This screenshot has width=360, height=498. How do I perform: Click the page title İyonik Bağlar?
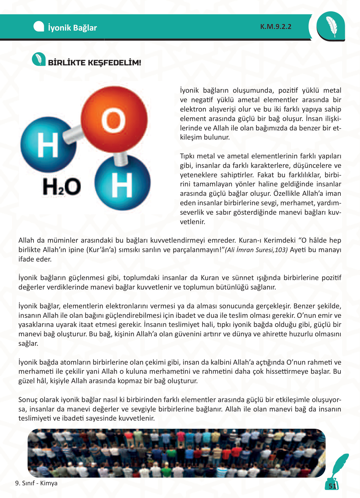[72, 28]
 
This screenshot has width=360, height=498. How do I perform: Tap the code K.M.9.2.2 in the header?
[276, 27]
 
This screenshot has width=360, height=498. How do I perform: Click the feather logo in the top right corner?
[331, 26]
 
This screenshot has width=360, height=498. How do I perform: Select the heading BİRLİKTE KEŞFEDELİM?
[94, 62]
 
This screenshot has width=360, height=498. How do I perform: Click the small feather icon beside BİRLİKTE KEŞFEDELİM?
[39, 59]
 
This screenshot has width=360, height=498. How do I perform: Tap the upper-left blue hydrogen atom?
[48, 145]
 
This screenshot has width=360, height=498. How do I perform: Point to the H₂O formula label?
[62, 187]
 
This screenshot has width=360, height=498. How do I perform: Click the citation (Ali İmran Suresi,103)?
[256, 250]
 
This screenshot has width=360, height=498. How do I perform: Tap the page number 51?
[332, 486]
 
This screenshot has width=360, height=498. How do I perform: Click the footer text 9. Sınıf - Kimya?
[36, 483]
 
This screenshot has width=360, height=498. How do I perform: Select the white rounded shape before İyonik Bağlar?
[39, 27]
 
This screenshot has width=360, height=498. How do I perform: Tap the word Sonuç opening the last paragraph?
[28, 399]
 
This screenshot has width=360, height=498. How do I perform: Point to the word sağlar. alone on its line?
[28, 343]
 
